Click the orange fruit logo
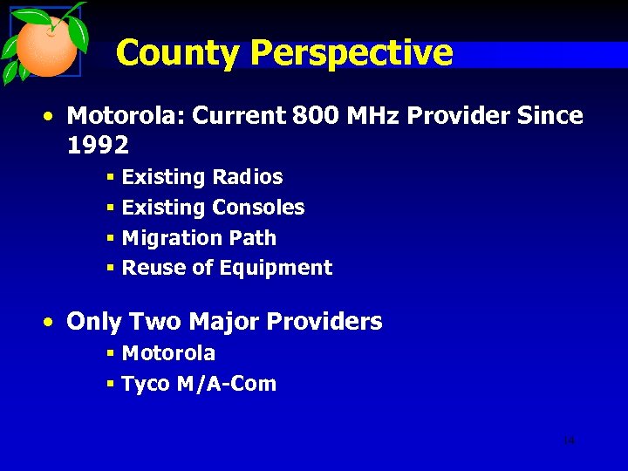(x=48, y=45)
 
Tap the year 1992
(x=98, y=145)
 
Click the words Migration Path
(x=199, y=238)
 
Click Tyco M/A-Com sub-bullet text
(x=199, y=384)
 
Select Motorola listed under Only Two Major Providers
(x=168, y=353)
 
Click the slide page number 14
(x=569, y=441)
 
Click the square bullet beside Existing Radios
(x=111, y=178)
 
